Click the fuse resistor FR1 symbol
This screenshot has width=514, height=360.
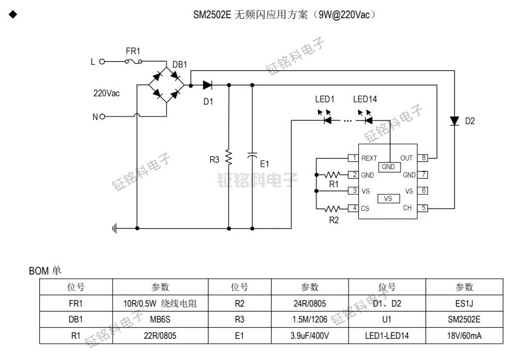coord(133,61)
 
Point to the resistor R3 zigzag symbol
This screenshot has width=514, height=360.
coord(229,158)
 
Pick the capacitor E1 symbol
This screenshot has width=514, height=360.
coord(252,156)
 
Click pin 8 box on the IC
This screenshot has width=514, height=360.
coord(424,158)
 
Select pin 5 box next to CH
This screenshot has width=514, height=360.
coord(424,208)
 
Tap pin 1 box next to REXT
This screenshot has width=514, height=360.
coord(352,158)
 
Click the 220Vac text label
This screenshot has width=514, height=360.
coord(106,94)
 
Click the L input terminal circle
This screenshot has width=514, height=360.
coord(102,61)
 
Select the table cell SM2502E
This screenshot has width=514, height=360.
coord(464,319)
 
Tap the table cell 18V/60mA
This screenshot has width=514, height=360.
coord(464,335)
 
